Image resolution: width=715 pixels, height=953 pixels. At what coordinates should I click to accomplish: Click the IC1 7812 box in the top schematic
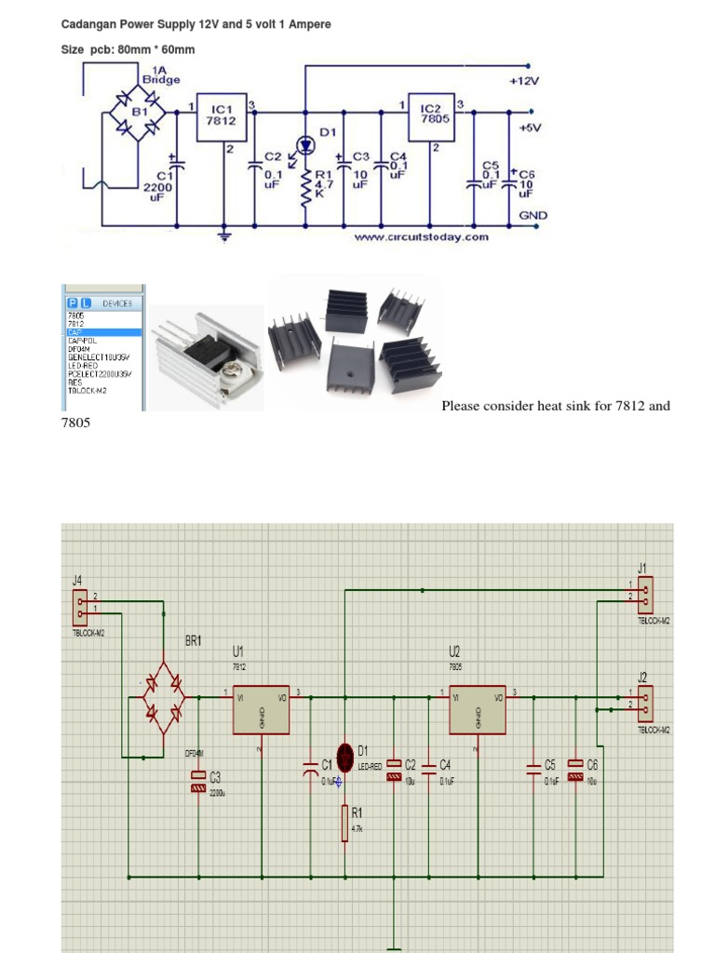click(223, 118)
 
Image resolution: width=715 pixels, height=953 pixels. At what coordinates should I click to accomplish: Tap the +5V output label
click(530, 128)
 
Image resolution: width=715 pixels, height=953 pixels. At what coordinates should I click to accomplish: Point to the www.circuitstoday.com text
click(421, 237)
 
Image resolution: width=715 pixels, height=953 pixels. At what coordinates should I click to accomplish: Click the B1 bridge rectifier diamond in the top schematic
click(137, 113)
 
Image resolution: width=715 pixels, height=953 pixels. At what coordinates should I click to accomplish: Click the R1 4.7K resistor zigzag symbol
click(305, 191)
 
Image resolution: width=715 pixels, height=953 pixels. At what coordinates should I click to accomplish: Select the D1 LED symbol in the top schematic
click(305, 144)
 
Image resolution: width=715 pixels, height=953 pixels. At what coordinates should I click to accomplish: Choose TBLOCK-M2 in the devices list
click(88, 391)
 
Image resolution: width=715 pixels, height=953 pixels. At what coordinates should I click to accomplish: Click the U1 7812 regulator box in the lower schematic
click(261, 715)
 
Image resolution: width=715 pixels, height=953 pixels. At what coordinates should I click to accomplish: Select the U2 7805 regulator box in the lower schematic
click(478, 715)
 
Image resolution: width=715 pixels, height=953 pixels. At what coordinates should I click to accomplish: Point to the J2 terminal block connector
click(644, 702)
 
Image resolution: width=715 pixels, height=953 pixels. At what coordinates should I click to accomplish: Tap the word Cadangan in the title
click(89, 24)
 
